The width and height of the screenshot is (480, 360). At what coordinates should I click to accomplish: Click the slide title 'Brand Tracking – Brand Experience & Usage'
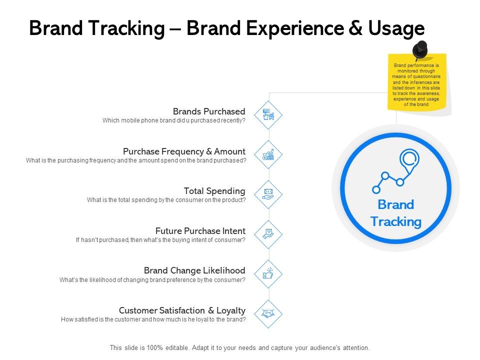click(x=226, y=29)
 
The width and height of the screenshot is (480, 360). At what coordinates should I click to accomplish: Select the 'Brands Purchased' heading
click(x=209, y=111)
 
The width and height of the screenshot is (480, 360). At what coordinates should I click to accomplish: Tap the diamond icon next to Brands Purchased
click(x=269, y=115)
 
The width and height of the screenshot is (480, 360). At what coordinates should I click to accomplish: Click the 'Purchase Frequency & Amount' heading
click(x=184, y=151)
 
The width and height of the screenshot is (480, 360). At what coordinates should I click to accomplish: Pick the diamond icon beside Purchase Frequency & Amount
click(x=269, y=155)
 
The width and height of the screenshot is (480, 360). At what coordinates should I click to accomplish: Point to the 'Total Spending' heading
click(x=214, y=191)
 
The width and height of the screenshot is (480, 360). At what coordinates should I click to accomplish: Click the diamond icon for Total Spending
click(x=269, y=194)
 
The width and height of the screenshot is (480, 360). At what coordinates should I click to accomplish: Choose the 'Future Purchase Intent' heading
click(x=200, y=231)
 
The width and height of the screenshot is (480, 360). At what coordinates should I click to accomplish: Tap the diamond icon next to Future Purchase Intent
click(x=269, y=234)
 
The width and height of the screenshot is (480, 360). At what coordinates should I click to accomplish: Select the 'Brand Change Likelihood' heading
click(x=194, y=270)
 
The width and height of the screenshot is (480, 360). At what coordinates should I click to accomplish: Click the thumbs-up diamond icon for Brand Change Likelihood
click(x=269, y=274)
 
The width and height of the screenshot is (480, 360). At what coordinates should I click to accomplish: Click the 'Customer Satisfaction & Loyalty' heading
click(x=182, y=310)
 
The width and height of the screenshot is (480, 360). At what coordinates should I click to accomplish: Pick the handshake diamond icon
click(x=269, y=314)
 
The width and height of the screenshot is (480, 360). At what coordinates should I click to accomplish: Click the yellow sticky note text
click(x=416, y=85)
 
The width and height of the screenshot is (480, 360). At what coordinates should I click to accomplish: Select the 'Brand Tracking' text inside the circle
click(x=395, y=213)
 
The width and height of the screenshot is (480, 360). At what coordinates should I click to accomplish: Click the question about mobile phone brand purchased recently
click(x=173, y=120)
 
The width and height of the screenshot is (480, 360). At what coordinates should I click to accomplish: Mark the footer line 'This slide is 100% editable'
click(x=239, y=347)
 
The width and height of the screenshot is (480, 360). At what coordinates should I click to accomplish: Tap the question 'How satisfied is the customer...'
click(x=153, y=319)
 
